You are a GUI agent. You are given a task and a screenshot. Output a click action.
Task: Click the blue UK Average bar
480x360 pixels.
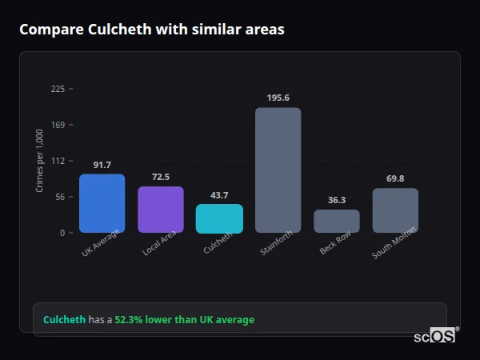[102, 203]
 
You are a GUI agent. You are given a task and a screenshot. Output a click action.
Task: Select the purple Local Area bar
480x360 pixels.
[160, 210]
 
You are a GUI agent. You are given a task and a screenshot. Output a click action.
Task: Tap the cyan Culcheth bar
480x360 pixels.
[219, 218]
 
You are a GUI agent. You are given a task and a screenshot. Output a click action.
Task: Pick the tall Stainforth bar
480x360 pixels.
[278, 170]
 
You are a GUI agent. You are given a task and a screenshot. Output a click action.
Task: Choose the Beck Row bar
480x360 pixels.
[336, 221]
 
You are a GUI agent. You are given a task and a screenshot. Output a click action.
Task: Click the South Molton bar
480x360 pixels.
[395, 210]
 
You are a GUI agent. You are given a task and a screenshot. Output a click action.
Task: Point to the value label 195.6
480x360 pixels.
[278, 98]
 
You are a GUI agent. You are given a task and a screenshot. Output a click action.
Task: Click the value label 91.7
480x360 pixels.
[102, 165]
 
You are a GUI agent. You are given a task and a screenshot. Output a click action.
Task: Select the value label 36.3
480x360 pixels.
[336, 200]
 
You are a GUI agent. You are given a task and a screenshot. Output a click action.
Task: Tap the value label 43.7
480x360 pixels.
[219, 195]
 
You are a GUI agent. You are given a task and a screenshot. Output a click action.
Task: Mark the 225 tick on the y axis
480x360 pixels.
[58, 89]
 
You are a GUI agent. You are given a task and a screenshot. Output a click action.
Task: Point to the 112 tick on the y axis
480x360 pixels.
[58, 161]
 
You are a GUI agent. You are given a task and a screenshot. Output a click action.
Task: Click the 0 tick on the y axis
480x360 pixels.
[61, 233]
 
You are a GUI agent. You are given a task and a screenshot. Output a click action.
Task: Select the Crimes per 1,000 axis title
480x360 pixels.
[40, 160]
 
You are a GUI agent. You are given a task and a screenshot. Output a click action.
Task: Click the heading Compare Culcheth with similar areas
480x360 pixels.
[151, 30]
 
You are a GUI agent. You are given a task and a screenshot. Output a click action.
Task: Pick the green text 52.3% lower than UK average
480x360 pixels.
[184, 320]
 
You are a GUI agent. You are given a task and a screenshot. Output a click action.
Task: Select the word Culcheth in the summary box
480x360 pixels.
[64, 320]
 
